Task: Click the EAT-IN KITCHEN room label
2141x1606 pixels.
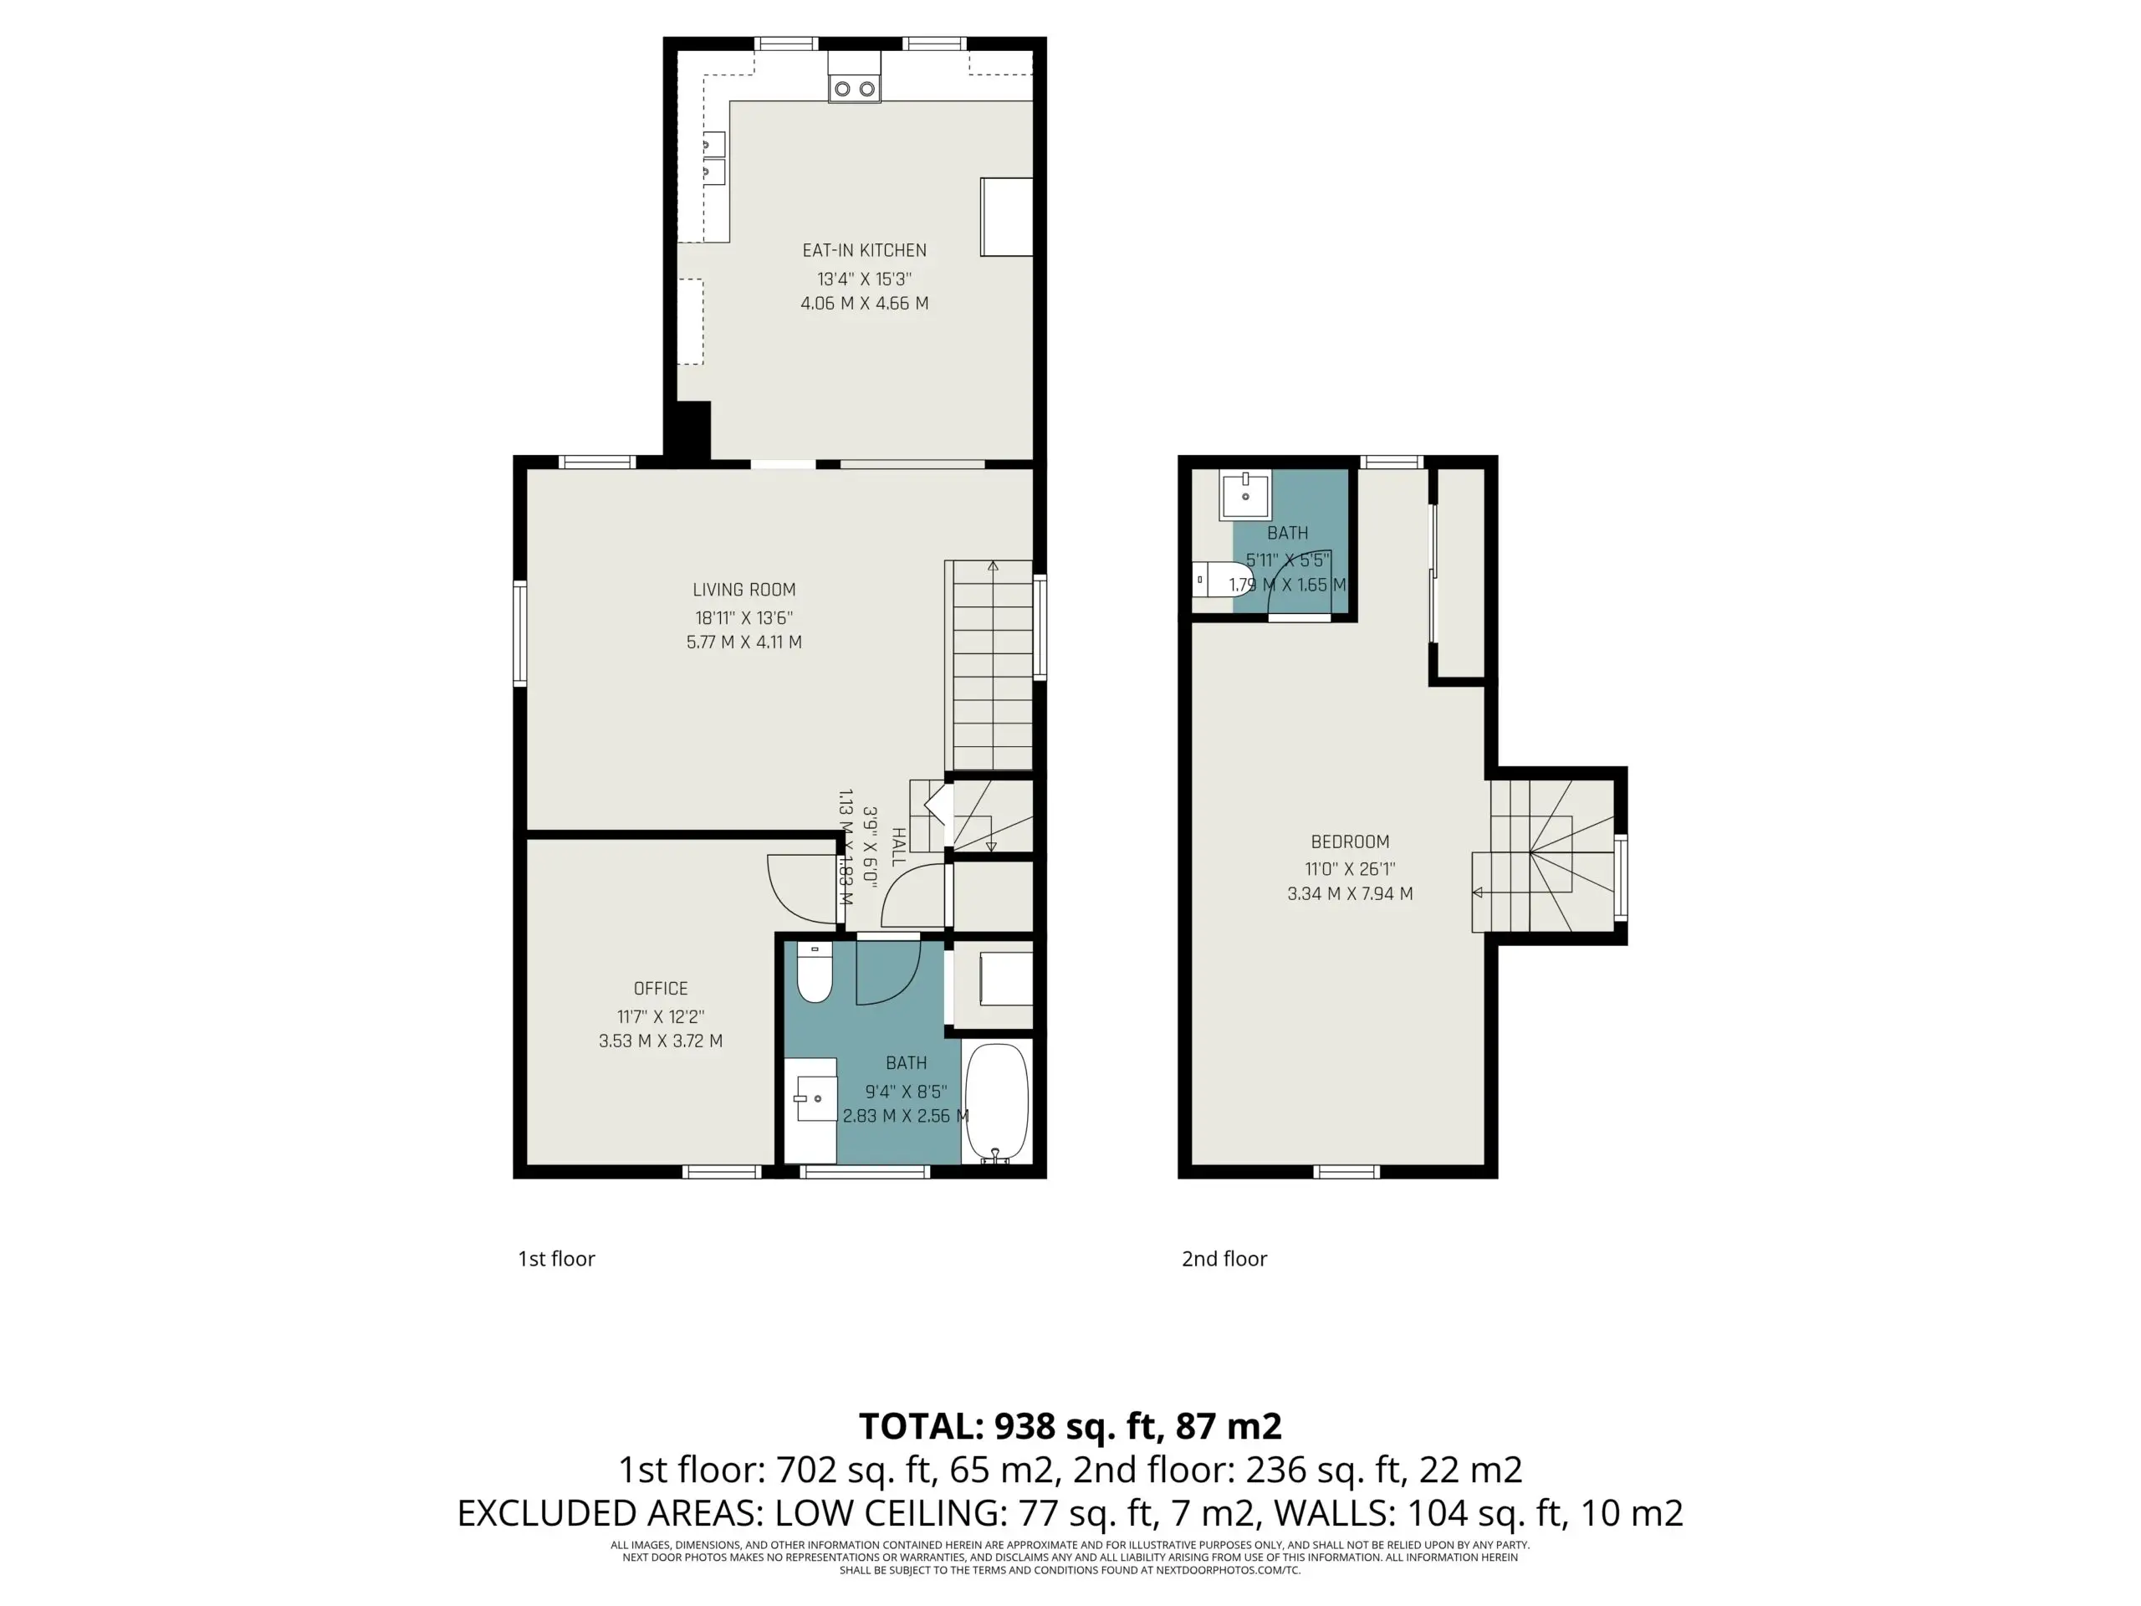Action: (864, 251)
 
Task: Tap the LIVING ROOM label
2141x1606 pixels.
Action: (744, 590)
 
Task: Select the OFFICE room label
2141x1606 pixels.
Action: (661, 989)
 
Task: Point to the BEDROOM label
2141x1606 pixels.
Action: (1350, 842)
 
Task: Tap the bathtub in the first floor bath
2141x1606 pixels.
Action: (996, 1102)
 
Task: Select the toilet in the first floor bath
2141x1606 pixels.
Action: (814, 972)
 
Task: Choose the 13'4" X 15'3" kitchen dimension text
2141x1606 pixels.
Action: (864, 279)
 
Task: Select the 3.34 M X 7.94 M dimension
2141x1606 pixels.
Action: (1350, 893)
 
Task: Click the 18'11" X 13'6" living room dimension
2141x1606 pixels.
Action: (744, 617)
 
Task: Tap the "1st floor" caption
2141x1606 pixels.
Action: (556, 1259)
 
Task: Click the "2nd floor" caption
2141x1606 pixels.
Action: (1224, 1259)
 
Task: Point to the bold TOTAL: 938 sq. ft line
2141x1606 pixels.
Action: (1070, 1426)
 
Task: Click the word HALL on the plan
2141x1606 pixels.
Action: (898, 846)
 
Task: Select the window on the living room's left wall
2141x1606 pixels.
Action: (519, 634)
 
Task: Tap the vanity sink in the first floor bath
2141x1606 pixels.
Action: (811, 1101)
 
